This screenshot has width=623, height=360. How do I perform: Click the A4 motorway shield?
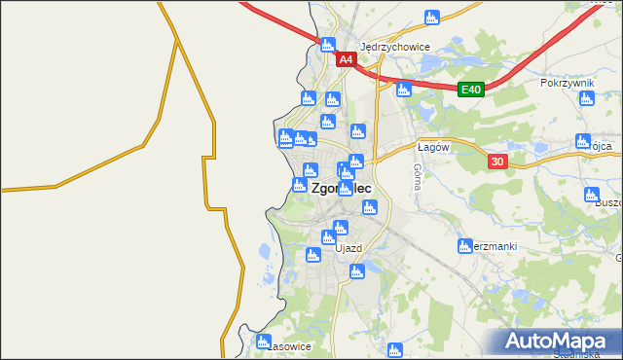pos(346,60)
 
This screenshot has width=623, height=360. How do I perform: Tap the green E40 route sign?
pos(471,90)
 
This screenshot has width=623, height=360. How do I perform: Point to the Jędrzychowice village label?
pos(395,46)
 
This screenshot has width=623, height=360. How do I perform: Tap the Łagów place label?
pos(432,147)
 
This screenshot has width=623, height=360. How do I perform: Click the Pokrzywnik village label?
pos(567,84)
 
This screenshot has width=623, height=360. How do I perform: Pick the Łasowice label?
pos(289,346)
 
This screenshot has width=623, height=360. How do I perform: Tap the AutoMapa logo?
pos(560,342)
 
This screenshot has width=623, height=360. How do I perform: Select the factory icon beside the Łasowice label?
pos(263,342)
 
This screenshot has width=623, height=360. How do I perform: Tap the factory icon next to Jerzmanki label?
pos(465,245)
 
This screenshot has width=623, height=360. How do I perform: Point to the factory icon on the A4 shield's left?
pos(327,44)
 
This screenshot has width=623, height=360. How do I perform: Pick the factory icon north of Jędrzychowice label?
pos(431,16)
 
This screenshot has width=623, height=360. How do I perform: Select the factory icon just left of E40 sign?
pos(403,90)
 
